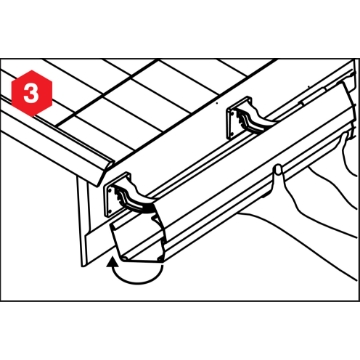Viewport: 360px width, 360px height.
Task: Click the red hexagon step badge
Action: (32, 93)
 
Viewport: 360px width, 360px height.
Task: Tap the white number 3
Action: (31, 94)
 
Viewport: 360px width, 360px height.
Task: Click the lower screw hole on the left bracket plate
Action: (109, 211)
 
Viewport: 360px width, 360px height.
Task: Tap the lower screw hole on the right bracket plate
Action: (231, 133)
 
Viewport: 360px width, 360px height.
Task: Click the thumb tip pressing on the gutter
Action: (278, 169)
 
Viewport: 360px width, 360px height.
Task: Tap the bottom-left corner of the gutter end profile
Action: (124, 259)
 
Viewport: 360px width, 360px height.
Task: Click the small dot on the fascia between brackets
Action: (217, 103)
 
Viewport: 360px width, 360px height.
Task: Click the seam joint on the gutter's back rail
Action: (302, 102)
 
